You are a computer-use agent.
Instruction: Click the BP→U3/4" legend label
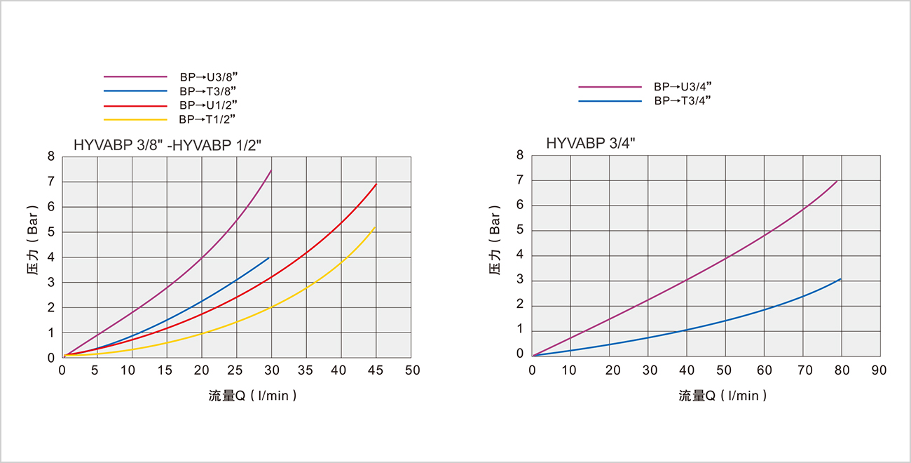(683, 87)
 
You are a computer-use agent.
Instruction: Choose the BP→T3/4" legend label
(683, 101)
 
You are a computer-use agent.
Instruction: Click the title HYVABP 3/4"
(591, 144)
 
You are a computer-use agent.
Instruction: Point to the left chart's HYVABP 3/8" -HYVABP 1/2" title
(167, 145)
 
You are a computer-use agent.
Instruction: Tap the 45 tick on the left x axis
(376, 370)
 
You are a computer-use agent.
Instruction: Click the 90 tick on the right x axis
(879, 369)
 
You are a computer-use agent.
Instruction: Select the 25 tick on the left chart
(237, 370)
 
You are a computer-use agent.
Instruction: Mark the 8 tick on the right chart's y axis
(520, 156)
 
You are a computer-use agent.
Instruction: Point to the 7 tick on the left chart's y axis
(51, 182)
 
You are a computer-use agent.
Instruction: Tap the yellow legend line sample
(135, 120)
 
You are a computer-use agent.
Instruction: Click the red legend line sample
(135, 105)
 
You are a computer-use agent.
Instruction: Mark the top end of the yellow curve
(376, 227)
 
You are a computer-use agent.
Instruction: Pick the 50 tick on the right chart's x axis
(725, 369)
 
